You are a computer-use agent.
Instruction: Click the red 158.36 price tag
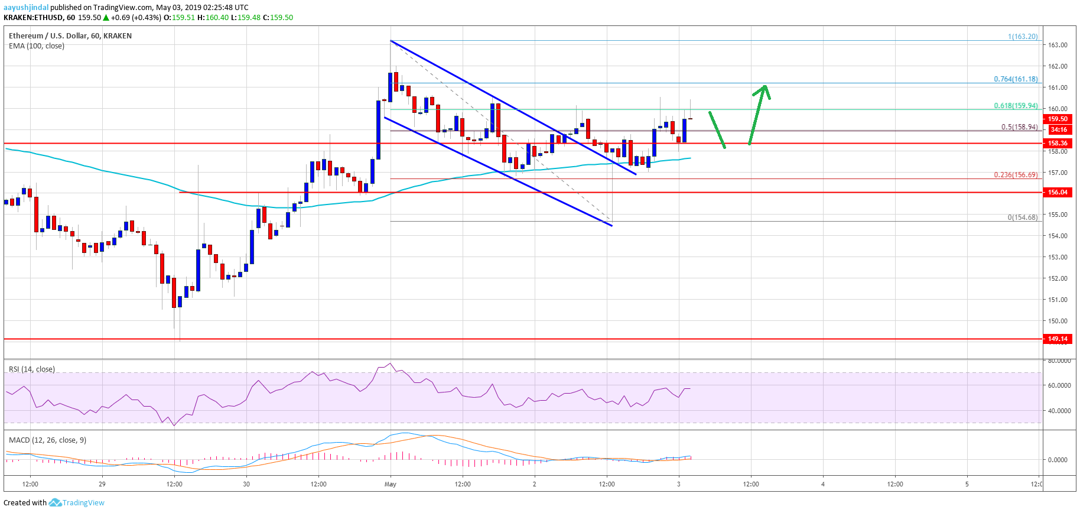click(1058, 143)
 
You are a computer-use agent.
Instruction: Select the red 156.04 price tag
click(1058, 192)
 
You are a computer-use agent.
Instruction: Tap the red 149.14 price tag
click(1058, 339)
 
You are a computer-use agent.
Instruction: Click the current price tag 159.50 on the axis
click(1058, 119)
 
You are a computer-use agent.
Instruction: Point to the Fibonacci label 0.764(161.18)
click(1016, 79)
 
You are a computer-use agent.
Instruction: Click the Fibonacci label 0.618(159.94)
click(1016, 106)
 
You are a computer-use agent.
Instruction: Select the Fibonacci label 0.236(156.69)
click(1016, 175)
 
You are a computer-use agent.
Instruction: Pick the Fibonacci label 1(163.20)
click(1023, 37)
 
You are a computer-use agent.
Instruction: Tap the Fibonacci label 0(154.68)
click(1022, 217)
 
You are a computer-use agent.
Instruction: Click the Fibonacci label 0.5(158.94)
click(1019, 127)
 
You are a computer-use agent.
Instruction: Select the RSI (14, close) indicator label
click(32, 369)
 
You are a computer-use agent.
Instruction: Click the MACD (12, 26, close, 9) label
click(47, 440)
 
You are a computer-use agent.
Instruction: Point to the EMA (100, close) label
click(37, 46)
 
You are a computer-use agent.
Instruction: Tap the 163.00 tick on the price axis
click(1058, 45)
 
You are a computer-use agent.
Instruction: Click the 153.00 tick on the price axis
click(1058, 257)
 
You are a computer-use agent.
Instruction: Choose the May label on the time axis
click(390, 484)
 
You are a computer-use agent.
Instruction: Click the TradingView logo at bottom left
click(77, 503)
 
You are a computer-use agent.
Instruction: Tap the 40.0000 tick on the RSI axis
click(1059, 411)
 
